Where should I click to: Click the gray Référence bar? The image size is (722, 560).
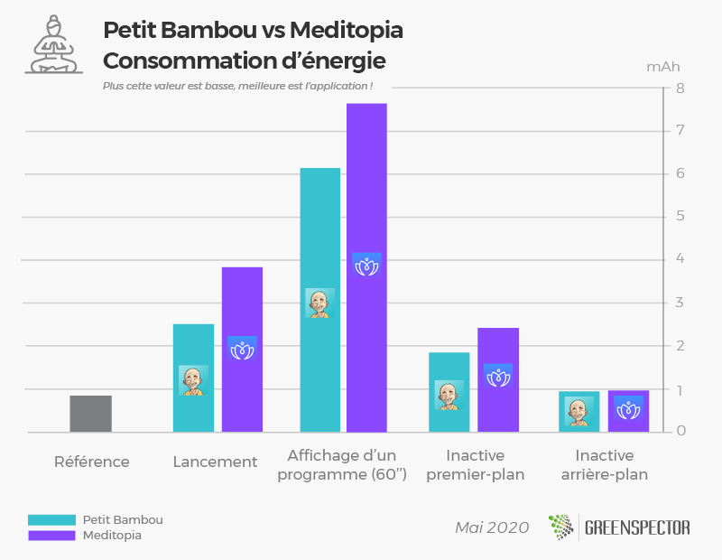pos(91,414)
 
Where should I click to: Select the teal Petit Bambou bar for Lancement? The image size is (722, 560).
pos(193,343)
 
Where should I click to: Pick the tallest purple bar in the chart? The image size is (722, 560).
pos(366,181)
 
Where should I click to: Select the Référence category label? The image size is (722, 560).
pos(91,462)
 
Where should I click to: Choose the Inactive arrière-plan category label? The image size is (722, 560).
pos(604,464)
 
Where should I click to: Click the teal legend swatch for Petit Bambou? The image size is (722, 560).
pos(51,520)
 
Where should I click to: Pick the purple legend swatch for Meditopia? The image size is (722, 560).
pos(51,536)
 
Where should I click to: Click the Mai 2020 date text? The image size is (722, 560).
pos(492,527)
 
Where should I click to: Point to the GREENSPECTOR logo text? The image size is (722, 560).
pos(635,527)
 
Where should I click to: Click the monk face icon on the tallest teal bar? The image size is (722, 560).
pos(319,303)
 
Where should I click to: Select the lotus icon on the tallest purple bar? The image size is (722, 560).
pos(366,266)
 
